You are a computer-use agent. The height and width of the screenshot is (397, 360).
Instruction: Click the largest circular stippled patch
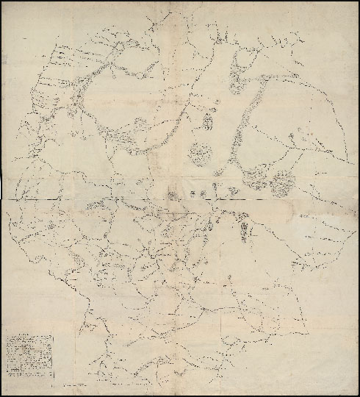click(x=199, y=153)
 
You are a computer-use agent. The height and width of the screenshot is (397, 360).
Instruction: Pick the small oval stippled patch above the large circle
click(x=208, y=118)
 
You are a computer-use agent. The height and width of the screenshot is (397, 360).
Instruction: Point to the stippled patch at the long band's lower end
click(x=254, y=176)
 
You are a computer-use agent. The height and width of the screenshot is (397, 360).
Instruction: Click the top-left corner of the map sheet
click(x=4, y=4)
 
